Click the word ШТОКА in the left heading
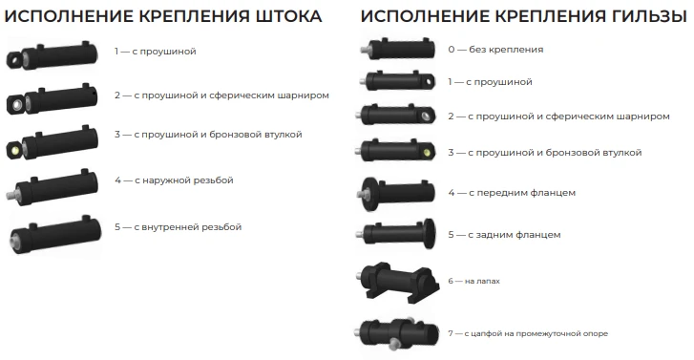[x=288, y=16]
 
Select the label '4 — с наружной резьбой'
[x=174, y=180]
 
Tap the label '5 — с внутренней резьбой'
[x=178, y=226]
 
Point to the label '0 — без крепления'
[x=495, y=49]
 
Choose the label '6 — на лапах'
[x=473, y=281]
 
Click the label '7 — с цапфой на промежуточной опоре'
[x=528, y=333]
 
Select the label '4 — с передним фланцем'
[x=512, y=193]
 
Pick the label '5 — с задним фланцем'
[x=504, y=235]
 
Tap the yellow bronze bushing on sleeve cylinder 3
[x=427, y=153]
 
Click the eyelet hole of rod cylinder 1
[x=14, y=58]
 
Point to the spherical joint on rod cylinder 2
[x=16, y=105]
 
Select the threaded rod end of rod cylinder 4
[x=11, y=195]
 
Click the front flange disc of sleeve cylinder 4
[x=368, y=193]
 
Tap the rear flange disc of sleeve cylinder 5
[x=429, y=233]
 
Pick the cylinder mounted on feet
[x=398, y=282]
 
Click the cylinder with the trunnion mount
[x=396, y=333]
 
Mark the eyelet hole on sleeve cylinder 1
[x=428, y=82]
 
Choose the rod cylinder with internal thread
[x=55, y=234]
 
